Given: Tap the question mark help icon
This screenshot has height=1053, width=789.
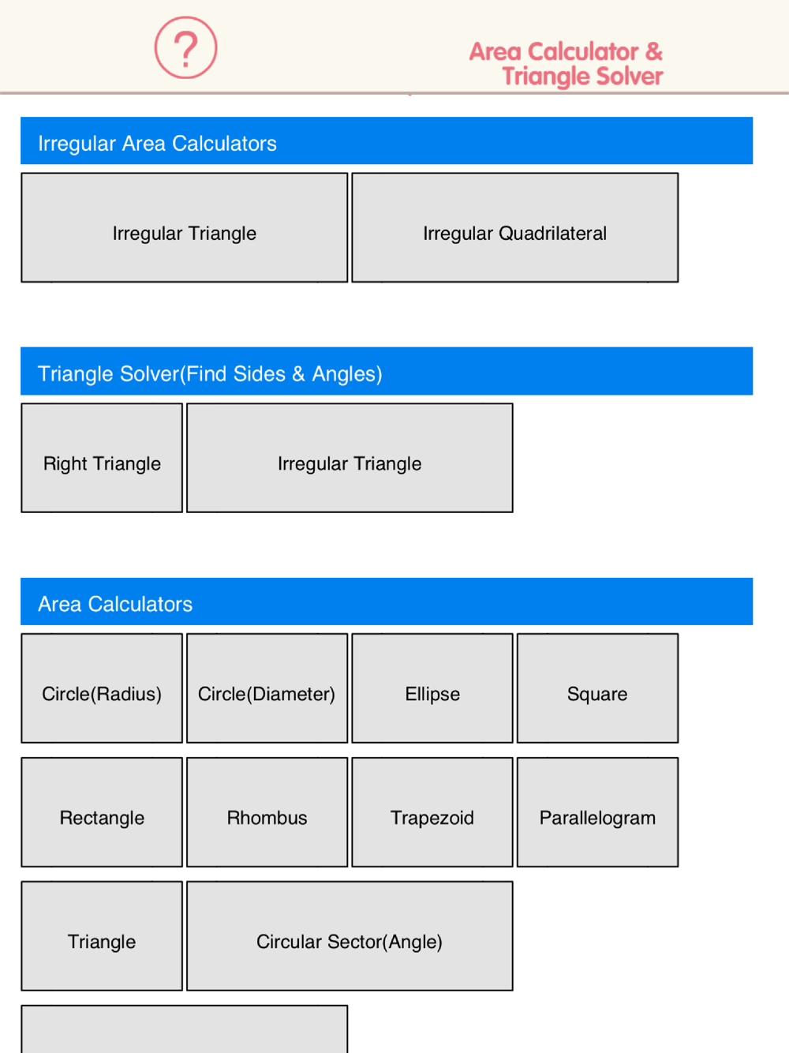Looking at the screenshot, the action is click(x=185, y=47).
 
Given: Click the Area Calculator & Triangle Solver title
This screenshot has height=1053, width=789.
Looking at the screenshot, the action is click(x=566, y=64).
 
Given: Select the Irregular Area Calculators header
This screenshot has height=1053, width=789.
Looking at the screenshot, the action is click(x=387, y=141).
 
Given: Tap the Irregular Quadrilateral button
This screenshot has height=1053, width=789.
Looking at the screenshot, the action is click(x=514, y=227).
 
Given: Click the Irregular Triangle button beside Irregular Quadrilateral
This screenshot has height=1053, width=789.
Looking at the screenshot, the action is click(x=185, y=227).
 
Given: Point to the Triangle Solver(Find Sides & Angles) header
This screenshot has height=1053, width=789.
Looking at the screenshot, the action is click(x=387, y=371).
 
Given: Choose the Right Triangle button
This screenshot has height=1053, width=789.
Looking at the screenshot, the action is click(x=102, y=458).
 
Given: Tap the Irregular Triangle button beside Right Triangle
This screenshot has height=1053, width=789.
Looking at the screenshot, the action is click(x=350, y=458).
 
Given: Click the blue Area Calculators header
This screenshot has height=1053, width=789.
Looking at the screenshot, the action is click(x=387, y=601).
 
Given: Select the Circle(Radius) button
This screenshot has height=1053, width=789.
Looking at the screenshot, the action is click(x=102, y=688).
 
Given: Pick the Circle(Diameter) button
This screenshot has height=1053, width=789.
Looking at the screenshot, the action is click(x=267, y=688).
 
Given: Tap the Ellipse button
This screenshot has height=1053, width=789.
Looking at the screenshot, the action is click(x=432, y=688).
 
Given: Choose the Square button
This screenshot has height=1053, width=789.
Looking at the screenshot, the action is click(x=597, y=688).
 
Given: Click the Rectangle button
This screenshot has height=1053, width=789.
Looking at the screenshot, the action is click(x=102, y=811).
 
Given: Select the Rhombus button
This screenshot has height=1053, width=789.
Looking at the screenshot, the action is click(x=267, y=811).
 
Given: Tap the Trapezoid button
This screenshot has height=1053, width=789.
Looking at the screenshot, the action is click(x=432, y=811).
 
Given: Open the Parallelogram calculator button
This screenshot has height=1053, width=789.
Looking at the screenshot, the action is click(x=597, y=811).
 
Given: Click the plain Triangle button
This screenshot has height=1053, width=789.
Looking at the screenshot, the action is click(x=102, y=935).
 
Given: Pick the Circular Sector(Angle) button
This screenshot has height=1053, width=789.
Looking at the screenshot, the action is click(x=350, y=935).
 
